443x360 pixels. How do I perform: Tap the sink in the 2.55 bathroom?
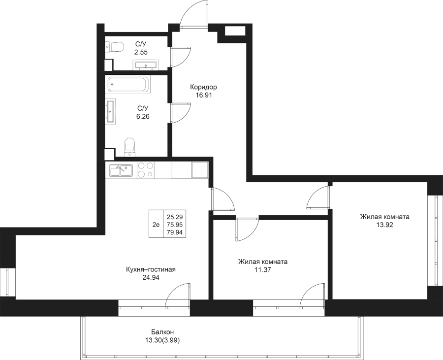tap(146, 65)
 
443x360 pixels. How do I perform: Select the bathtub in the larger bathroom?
tap(129, 84)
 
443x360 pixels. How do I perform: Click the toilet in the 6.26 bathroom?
tap(130, 147)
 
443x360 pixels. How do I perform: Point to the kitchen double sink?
tap(121, 171)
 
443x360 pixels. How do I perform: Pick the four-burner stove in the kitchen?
tap(146, 170)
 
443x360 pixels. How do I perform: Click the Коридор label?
tap(203, 87)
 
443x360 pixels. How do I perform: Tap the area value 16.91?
tap(204, 95)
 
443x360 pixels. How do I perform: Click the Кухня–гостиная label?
tap(151, 269)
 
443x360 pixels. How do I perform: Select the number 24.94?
tap(151, 278)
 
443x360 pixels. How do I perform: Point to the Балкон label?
tap(162, 332)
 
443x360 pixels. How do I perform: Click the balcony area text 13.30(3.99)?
tap(162, 340)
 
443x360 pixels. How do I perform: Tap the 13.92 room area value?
tap(384, 225)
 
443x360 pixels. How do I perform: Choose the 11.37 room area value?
tap(263, 270)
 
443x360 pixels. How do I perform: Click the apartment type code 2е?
tap(156, 225)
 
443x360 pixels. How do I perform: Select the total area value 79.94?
tap(175, 232)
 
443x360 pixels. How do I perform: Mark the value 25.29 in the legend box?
tap(175, 217)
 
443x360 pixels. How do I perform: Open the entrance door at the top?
tap(194, 14)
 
